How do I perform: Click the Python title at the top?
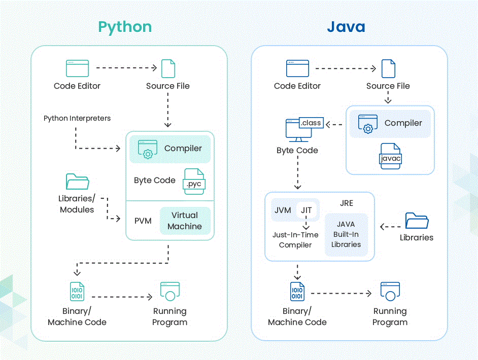pos(125,27)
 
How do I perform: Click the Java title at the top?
pos(346,26)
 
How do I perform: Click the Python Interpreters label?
pos(77,118)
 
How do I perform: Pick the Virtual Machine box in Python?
pos(185,221)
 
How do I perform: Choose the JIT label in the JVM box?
pos(306,210)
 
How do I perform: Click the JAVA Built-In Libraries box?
pos(347,234)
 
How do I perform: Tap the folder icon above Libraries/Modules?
pos(77,181)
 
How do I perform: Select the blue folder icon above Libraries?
pos(417,221)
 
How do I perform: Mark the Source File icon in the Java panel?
pos(388,68)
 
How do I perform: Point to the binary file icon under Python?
pos(77,292)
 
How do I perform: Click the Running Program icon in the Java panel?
pos(390,292)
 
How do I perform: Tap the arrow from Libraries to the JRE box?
pos(391,227)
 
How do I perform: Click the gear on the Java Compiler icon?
pos(368,129)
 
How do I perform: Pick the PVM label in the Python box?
pos(143,221)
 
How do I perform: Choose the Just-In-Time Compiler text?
pos(295,240)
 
